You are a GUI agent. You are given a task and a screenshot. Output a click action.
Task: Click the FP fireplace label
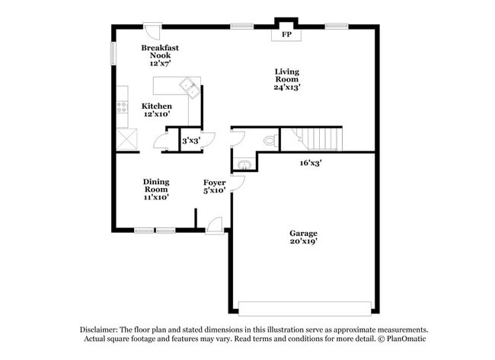point(287,35)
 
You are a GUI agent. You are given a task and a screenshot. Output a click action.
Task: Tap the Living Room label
point(287,79)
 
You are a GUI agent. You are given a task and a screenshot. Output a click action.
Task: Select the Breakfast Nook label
point(160,56)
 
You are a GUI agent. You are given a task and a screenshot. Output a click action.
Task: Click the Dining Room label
point(156,189)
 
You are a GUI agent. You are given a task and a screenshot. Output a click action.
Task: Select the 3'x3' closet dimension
point(190,141)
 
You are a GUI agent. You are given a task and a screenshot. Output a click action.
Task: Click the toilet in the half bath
point(268,141)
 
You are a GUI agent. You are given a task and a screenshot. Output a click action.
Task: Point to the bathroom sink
point(244,164)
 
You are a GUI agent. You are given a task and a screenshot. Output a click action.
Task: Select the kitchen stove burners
point(122,106)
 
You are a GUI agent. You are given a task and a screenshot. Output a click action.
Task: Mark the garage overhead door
point(305,308)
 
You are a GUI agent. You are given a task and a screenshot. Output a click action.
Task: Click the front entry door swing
point(216,225)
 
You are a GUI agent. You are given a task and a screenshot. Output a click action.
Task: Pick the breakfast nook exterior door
point(152,32)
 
